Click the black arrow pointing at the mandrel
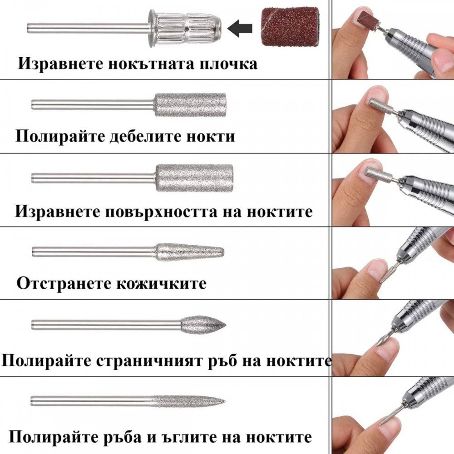pyautogui.click(x=239, y=28)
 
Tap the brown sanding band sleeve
pyautogui.click(x=290, y=26)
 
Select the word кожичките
pyautogui.click(x=161, y=283)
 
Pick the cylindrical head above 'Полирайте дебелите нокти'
pyautogui.click(x=190, y=105)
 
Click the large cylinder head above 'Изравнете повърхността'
pyautogui.click(x=194, y=178)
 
